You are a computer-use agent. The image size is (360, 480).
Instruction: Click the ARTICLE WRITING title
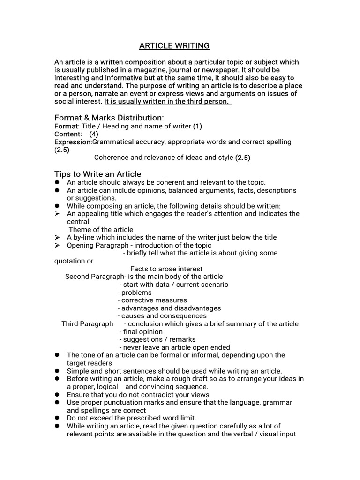point(174,46)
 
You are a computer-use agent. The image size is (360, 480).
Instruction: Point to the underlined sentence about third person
point(168,101)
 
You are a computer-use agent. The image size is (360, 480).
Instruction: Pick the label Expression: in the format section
point(73,142)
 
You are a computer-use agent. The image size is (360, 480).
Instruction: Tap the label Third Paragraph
point(87,324)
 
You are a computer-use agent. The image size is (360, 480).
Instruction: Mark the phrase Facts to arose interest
point(166,269)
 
